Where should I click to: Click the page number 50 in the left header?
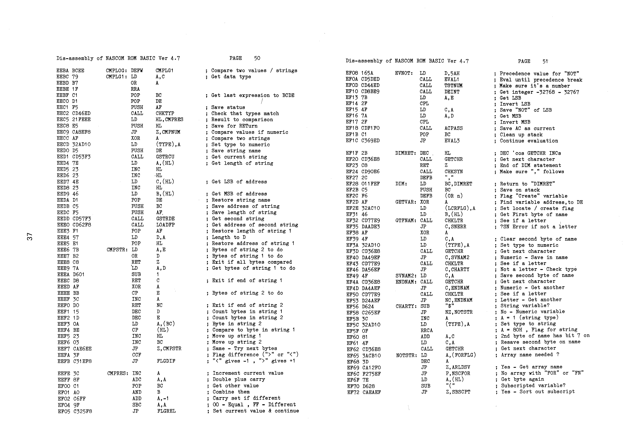257,58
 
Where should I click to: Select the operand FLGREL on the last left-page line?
166,411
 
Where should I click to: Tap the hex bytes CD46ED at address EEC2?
81,113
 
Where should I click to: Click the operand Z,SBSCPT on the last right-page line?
458,392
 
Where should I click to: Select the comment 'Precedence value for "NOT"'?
539,73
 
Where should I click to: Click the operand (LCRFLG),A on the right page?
460,208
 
